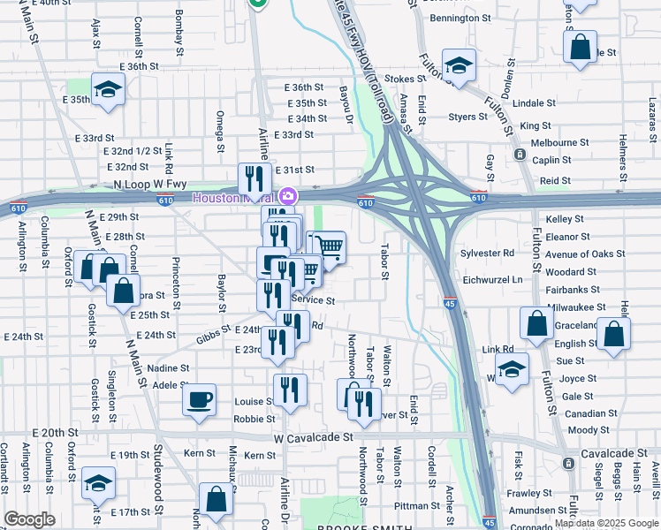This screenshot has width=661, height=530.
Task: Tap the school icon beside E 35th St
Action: tap(108, 89)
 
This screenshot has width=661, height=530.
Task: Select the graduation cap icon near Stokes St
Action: tap(460, 65)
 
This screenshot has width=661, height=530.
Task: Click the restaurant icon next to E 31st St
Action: tap(255, 179)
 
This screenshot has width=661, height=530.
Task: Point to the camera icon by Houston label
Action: tap(287, 196)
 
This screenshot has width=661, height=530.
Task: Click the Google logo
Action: tap(29, 519)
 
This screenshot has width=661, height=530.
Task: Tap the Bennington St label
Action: tap(460, 18)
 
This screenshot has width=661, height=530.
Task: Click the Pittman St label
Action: tap(411, 505)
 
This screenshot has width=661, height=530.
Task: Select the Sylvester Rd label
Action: tap(487, 253)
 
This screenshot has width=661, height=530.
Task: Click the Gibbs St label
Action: tap(214, 339)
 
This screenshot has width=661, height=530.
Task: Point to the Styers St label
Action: tap(468, 117)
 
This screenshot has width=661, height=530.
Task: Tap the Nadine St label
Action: tap(163, 367)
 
